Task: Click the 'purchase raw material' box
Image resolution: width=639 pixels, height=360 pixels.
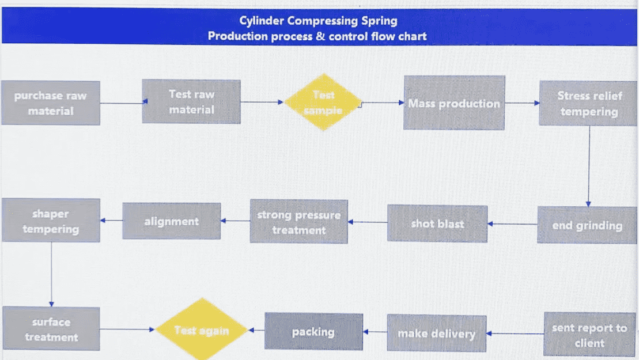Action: [51, 103]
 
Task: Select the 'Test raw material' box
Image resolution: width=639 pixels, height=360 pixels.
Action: [191, 101]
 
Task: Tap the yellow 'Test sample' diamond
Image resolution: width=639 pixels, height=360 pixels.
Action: [323, 102]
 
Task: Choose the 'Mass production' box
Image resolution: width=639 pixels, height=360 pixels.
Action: [454, 103]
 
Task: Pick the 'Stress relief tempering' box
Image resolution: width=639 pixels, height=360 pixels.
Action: [588, 103]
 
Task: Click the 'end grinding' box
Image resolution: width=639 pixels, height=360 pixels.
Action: [587, 225]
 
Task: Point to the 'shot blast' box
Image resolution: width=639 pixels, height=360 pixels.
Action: [437, 223]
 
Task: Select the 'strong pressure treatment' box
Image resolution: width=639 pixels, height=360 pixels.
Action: [298, 222]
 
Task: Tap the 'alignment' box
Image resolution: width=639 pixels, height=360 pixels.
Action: [171, 221]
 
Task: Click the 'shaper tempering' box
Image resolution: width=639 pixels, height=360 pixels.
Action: [51, 221]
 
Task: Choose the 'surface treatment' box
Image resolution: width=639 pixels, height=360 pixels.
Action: [51, 329]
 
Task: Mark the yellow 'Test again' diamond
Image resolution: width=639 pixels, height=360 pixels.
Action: [202, 330]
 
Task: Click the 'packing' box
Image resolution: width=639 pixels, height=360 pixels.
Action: [313, 331]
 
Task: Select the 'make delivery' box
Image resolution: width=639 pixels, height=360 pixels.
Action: [436, 334]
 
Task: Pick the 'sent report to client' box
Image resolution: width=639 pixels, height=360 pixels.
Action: [589, 335]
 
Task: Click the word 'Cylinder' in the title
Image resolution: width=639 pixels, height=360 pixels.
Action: [261, 21]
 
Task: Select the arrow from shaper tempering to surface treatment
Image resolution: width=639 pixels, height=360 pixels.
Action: [51, 274]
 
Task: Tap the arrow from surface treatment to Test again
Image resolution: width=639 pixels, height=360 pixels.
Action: [127, 329]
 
